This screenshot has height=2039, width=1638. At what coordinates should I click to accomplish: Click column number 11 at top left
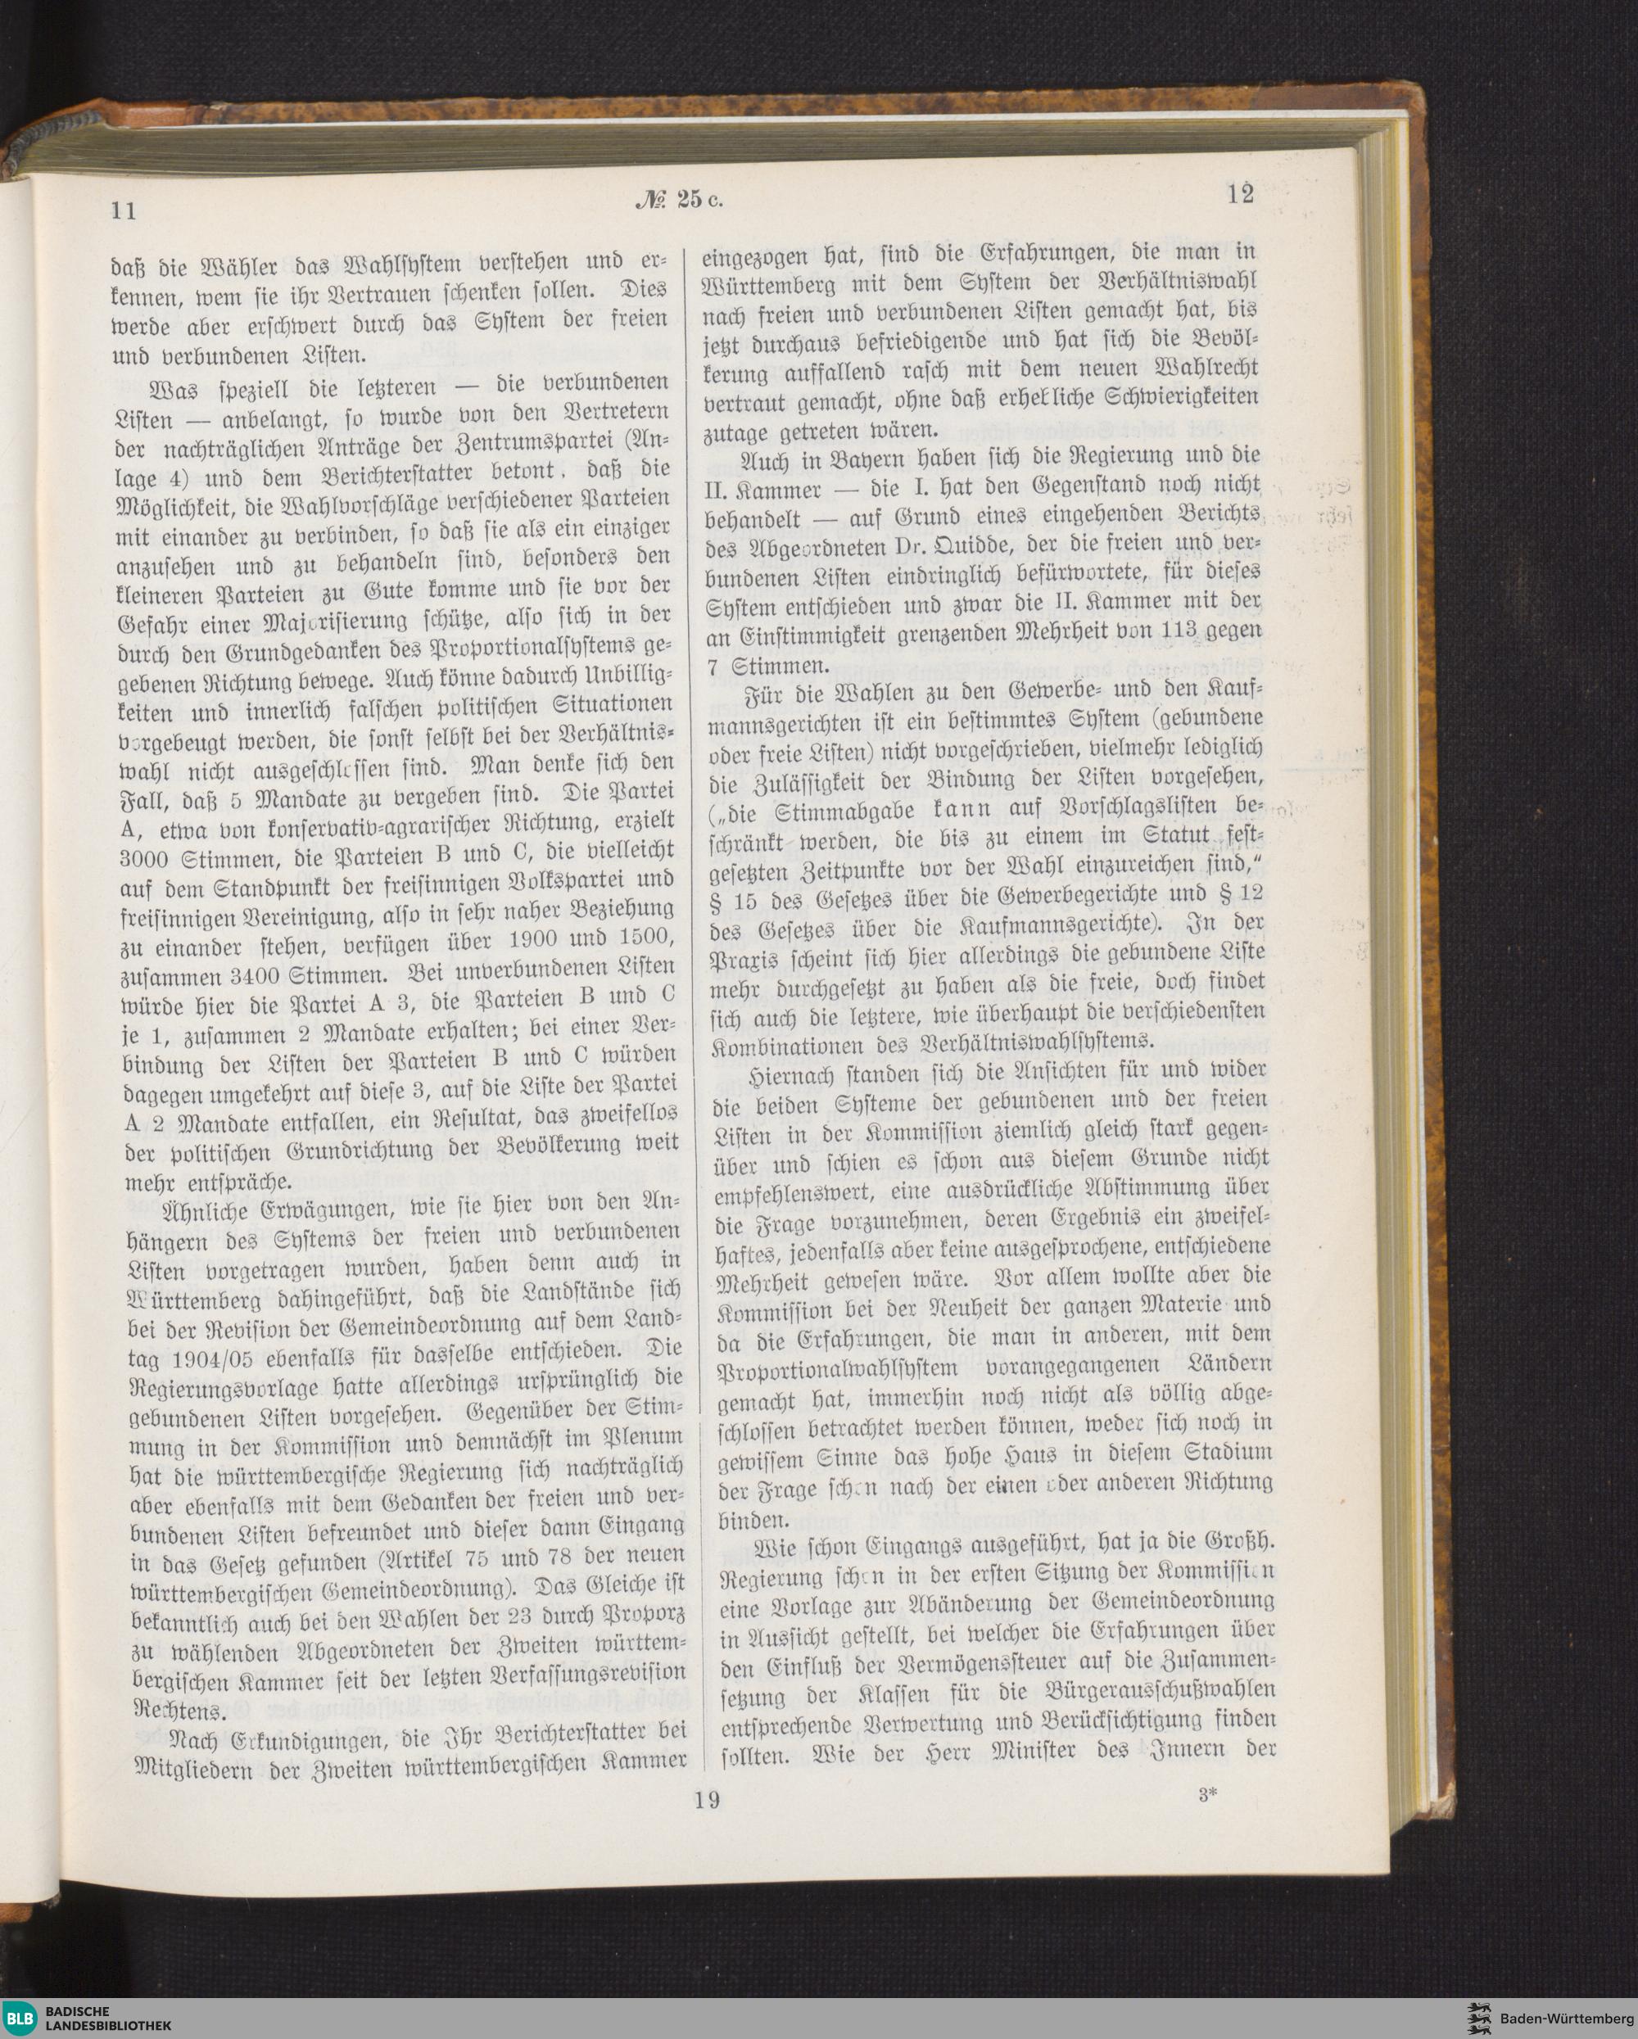[124, 209]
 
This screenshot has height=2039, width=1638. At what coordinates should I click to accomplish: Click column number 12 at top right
[1241, 194]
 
